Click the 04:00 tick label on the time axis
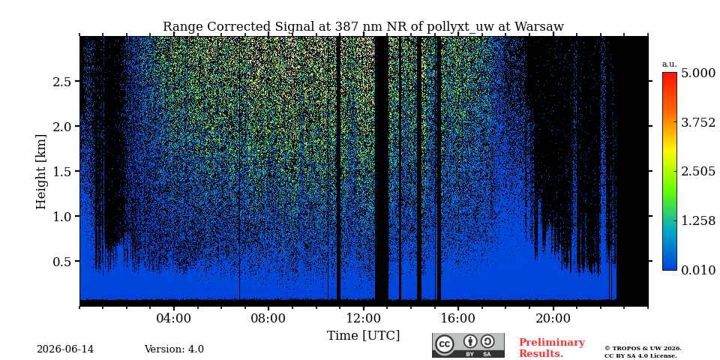coord(173,319)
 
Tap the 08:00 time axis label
coord(268,319)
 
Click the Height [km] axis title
coord(41,172)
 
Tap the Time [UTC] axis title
coord(363,336)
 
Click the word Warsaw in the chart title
coord(539,27)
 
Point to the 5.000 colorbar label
coord(697,73)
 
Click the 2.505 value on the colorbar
coord(697,172)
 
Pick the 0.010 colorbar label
coord(697,270)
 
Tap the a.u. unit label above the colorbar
coord(670,64)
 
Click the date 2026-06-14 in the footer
coord(65,349)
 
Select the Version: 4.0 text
coord(174,349)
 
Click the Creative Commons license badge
coord(468,345)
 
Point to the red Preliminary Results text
coord(552,348)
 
